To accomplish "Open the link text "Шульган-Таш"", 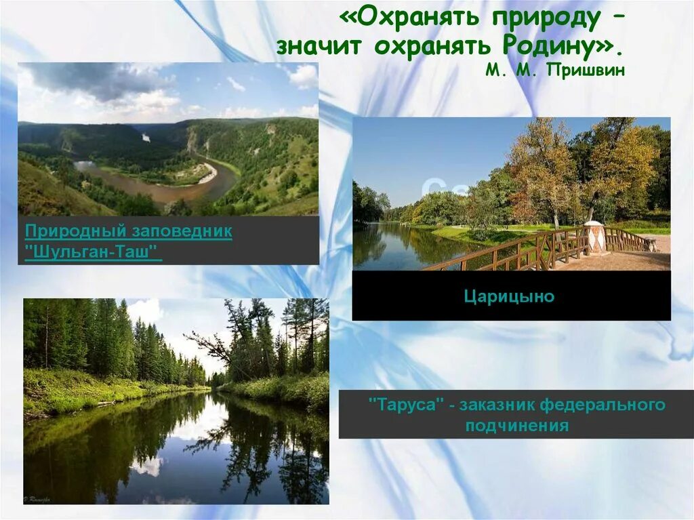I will [x=94, y=252].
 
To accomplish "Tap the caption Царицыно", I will [x=509, y=296].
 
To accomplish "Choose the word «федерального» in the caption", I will [x=603, y=405].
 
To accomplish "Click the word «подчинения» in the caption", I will [x=516, y=426].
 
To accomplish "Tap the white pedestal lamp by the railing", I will [x=594, y=237].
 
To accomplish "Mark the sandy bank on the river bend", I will [x=207, y=174].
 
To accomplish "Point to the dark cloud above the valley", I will [x=95, y=79].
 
